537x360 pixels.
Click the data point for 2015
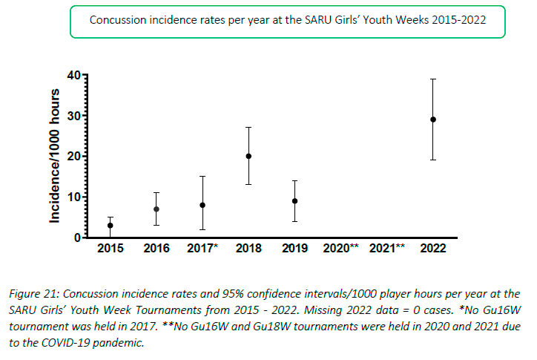[111, 226]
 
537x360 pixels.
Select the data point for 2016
[157, 209]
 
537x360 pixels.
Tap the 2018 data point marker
[248, 156]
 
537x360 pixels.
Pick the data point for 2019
[294, 201]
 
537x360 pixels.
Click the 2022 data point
[432, 120]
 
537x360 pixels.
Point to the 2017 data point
[202, 205]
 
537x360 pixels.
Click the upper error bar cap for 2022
[432, 79]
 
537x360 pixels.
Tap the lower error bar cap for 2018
[248, 184]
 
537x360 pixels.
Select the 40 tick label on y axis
[71, 75]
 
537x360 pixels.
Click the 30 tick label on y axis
[71, 116]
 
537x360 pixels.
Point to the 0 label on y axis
[76, 238]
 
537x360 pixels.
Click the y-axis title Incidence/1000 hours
[55, 156]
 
